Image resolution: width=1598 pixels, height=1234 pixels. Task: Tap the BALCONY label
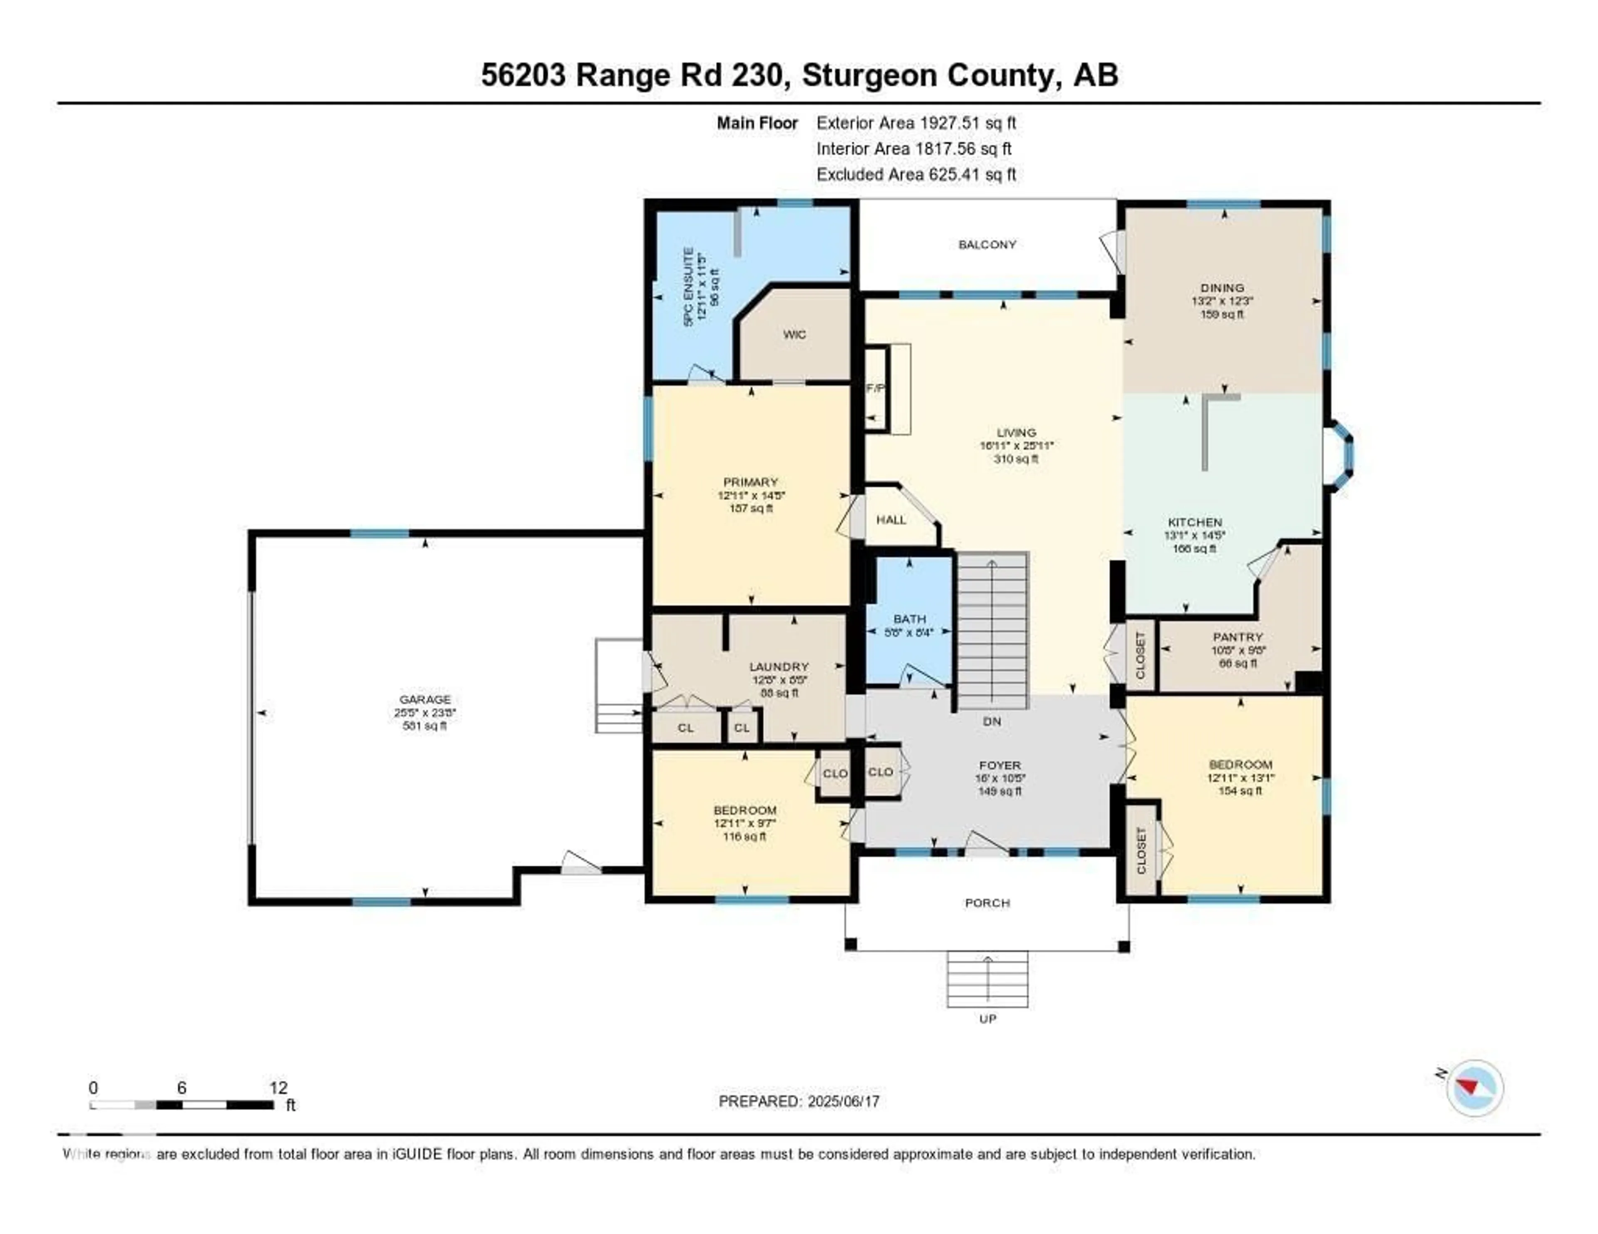pyautogui.click(x=987, y=244)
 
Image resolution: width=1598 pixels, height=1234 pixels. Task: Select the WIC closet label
pyautogui.click(x=794, y=334)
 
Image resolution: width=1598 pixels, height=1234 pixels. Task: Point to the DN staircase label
pyautogui.click(x=991, y=721)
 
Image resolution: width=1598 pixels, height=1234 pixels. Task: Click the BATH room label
pyautogui.click(x=909, y=619)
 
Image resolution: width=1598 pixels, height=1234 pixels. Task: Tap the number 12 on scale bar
pyautogui.click(x=278, y=1088)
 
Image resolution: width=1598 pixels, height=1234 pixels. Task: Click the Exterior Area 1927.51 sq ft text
pyautogui.click(x=916, y=123)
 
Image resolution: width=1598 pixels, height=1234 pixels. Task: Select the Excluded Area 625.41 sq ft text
pyautogui.click(x=916, y=174)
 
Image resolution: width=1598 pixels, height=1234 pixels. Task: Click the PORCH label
pyautogui.click(x=987, y=903)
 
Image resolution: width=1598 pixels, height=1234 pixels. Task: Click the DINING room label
pyautogui.click(x=1222, y=287)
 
